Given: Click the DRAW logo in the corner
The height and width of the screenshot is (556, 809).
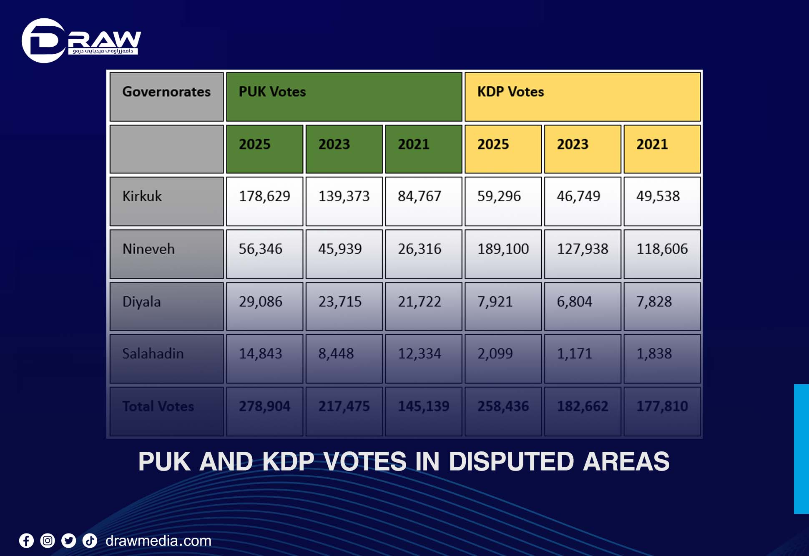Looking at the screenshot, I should point(81,40).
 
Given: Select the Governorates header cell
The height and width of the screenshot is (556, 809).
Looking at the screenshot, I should point(166,92).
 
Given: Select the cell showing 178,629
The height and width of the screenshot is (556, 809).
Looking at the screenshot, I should point(264,197).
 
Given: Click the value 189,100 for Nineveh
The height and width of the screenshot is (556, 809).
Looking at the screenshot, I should point(503,249).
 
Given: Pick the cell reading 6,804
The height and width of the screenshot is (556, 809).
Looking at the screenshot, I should point(582,302).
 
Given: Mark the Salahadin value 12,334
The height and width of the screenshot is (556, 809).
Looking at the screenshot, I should point(423,354).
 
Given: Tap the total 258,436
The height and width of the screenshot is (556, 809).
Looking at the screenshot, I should point(503,406).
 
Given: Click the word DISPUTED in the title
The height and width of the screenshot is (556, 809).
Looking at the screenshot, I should point(511,462).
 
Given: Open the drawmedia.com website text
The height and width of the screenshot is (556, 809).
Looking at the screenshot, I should point(158,541).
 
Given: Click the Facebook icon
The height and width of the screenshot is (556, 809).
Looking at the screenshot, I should point(26,541).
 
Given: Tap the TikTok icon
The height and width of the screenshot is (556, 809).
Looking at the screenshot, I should point(90,541).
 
